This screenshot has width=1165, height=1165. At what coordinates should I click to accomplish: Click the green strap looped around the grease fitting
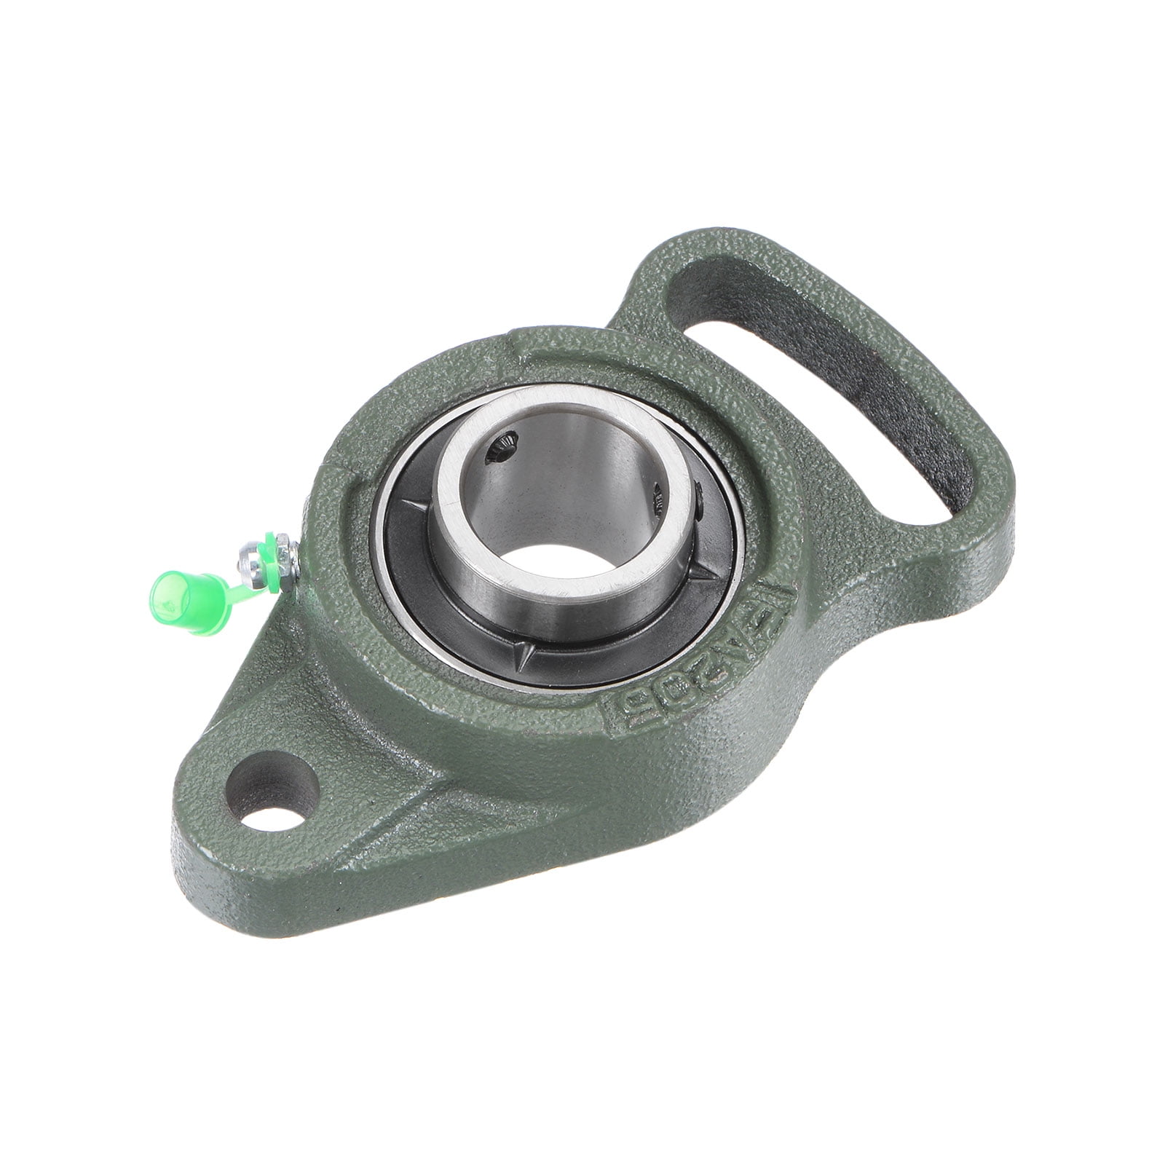[274, 561]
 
